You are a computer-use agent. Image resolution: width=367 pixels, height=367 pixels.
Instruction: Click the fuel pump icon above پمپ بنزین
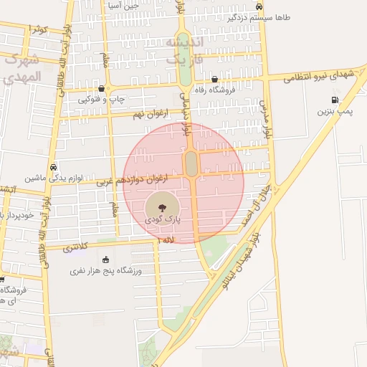[x=334, y=100]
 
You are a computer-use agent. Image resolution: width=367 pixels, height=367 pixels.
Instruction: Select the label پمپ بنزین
[x=334, y=112]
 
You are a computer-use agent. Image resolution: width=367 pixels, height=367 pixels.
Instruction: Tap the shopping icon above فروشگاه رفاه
[x=214, y=79]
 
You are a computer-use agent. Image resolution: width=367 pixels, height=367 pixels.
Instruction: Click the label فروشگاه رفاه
[x=212, y=90]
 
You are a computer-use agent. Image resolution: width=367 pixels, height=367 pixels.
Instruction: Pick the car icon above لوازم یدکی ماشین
[x=55, y=165]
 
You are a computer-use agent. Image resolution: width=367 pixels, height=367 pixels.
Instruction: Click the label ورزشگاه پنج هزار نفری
[x=107, y=271]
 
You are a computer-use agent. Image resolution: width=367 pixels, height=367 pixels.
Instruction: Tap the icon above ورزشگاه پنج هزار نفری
[x=107, y=259]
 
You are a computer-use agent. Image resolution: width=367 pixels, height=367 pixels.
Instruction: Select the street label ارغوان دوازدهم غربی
[x=140, y=178]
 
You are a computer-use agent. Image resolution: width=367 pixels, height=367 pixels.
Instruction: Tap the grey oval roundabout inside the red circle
[x=191, y=163]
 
